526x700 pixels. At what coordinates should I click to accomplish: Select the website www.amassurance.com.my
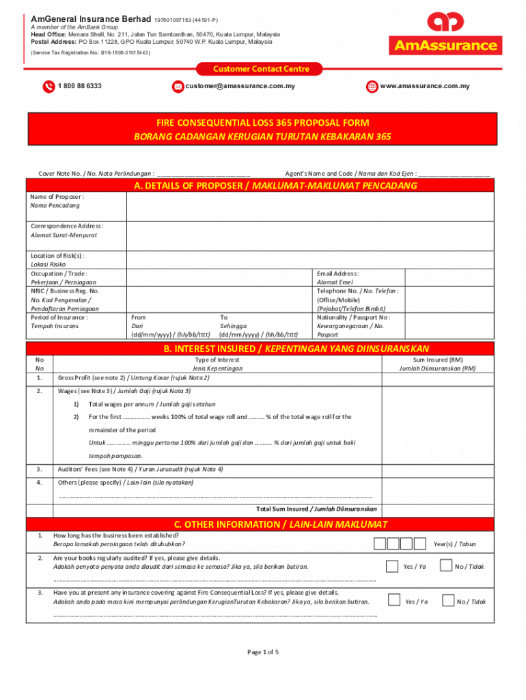tap(424, 86)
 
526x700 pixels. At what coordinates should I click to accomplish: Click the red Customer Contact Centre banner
tap(262, 69)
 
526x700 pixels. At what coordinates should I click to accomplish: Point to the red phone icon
tap(49, 87)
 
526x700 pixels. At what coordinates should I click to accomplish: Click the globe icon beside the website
tap(372, 87)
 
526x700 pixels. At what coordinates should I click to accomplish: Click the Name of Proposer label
tap(57, 197)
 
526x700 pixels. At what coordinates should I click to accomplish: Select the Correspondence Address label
tap(67, 226)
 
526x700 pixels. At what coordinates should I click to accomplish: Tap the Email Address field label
tap(338, 273)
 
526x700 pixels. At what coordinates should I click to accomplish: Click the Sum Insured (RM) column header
tap(437, 360)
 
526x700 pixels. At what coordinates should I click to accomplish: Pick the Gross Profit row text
tap(133, 377)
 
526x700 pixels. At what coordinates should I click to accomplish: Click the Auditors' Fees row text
tap(140, 469)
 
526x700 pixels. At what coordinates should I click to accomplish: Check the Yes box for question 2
tap(392, 566)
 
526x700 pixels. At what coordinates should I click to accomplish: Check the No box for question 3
tap(448, 601)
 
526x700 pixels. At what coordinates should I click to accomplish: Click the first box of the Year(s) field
tap(380, 543)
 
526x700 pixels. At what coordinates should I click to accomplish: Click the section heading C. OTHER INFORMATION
tap(281, 524)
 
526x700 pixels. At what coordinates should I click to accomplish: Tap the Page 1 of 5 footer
tap(262, 651)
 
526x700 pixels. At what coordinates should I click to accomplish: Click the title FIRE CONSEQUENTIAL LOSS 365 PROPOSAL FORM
tap(262, 123)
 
